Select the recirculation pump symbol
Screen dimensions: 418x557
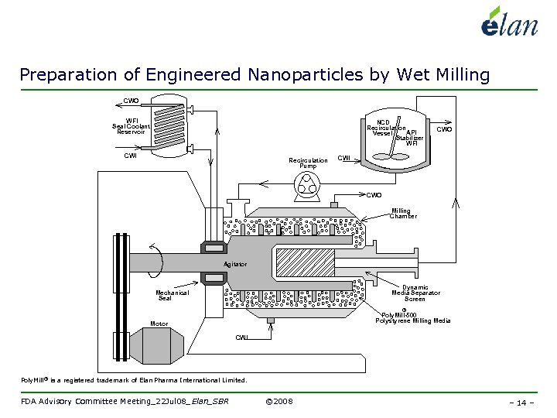307,183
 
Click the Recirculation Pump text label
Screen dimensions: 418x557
308,163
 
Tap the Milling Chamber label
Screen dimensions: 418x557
402,214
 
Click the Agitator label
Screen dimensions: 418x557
235,265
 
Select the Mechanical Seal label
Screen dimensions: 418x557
172,295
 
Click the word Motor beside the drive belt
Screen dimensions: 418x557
159,324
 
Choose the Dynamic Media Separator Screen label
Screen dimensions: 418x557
415,293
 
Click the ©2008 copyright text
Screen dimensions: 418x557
278,402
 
